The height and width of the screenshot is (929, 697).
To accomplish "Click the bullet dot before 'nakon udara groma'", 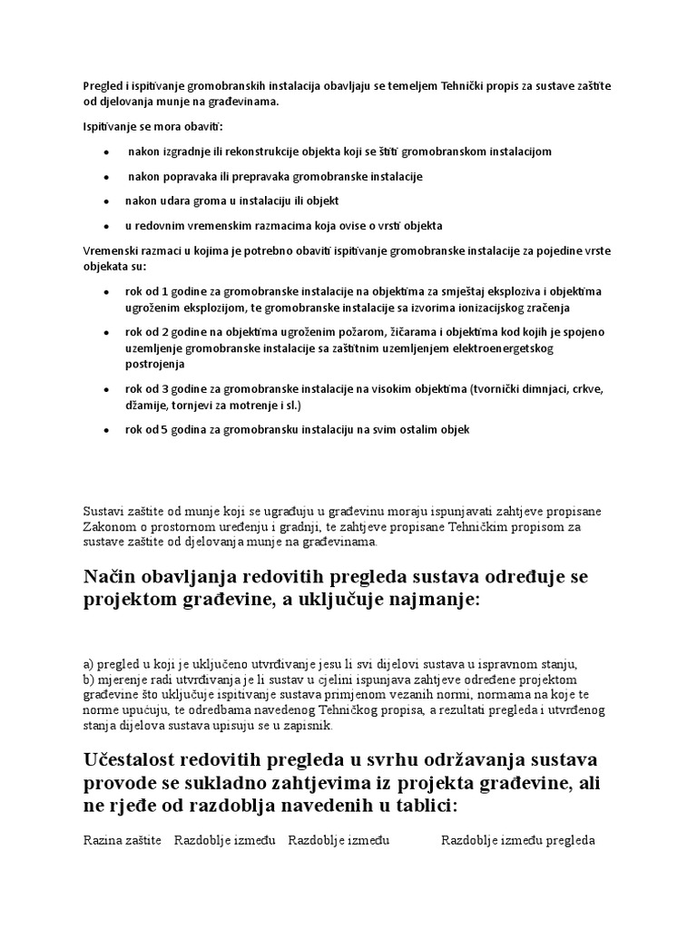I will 108,201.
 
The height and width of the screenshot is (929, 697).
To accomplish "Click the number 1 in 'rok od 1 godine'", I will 165,291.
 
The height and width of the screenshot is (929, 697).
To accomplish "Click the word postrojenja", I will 155,364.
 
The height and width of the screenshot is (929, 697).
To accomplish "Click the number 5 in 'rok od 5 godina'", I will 165,429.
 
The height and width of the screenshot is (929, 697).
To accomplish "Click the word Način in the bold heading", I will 113,578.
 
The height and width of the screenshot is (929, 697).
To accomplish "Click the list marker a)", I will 89,663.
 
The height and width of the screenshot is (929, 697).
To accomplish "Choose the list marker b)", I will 89,680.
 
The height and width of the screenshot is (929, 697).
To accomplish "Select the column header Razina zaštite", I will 122,840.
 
